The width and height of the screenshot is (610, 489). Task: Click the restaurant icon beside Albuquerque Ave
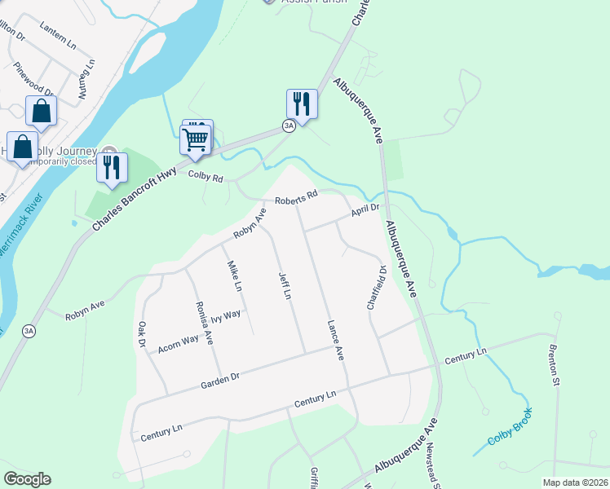click(302, 104)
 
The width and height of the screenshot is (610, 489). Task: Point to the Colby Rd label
click(206, 175)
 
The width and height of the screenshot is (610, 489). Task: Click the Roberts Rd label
click(295, 198)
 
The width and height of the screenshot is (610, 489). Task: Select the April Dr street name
click(365, 211)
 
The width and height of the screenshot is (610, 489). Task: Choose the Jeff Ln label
click(285, 285)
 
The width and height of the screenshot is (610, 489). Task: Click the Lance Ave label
click(335, 340)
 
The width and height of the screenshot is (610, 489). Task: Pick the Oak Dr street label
click(141, 334)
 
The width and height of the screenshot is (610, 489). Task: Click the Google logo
click(27, 478)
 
